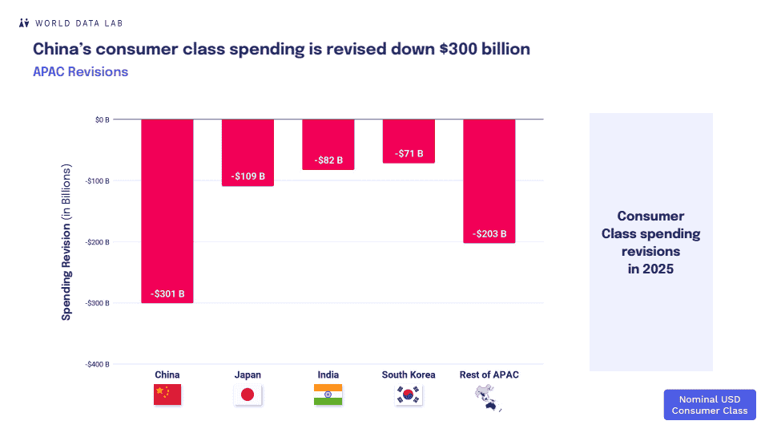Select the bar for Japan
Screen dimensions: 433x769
[248, 152]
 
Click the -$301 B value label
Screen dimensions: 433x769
[167, 294]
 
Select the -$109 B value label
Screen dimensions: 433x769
[248, 175]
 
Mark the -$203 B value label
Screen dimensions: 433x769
[489, 234]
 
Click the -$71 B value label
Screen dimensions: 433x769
[409, 154]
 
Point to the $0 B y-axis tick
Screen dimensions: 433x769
[101, 119]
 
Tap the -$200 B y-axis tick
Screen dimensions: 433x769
[97, 241]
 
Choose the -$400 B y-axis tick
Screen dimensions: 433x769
[97, 364]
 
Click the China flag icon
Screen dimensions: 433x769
[167, 395]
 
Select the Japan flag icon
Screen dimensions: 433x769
[248, 395]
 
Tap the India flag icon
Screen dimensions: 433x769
[328, 395]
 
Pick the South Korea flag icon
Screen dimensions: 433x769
[409, 395]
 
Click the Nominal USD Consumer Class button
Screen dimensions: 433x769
[709, 405]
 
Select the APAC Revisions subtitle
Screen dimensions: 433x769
[80, 71]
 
